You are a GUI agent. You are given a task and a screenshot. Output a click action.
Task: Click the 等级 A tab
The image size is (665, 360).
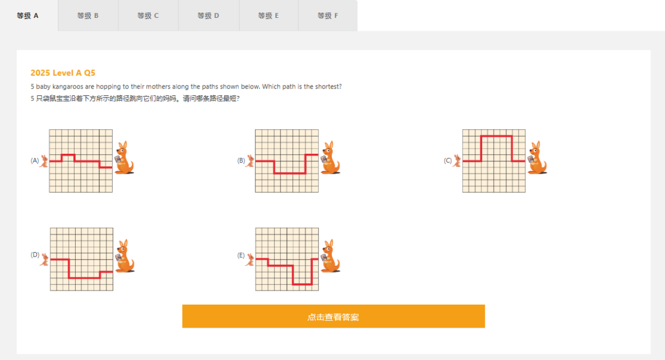point(28,15)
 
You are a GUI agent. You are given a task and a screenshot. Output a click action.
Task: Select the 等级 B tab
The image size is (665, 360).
point(88,15)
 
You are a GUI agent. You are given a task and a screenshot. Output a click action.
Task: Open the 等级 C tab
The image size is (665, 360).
point(148,15)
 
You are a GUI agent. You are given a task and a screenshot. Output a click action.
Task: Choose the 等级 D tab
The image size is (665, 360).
point(209,15)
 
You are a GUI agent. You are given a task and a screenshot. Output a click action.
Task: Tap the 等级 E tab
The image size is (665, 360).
point(269,15)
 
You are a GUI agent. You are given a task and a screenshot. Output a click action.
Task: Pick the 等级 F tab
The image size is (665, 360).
point(328,15)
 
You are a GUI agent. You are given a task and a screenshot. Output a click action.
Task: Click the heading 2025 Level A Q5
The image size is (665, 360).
point(63,73)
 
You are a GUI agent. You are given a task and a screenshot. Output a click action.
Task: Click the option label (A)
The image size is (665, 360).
point(34,161)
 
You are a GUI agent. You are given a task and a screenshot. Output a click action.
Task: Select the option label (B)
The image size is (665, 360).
point(241,161)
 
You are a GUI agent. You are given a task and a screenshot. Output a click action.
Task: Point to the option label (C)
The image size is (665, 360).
point(448,161)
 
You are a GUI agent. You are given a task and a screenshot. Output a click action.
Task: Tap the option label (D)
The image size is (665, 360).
point(34,255)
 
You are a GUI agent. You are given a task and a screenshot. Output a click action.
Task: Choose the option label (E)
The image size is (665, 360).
point(241,255)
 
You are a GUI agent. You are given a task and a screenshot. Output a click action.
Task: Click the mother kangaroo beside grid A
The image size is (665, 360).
point(124,158)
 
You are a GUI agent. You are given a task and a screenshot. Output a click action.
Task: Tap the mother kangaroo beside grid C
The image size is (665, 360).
point(538,158)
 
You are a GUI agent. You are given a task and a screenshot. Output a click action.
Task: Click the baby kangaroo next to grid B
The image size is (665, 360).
point(251,161)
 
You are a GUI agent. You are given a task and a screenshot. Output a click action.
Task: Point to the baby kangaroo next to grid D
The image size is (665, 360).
point(44,260)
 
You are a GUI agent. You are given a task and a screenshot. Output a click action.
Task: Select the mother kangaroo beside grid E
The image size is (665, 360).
point(331,256)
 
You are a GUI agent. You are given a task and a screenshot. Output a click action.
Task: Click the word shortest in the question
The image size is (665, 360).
point(328,87)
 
